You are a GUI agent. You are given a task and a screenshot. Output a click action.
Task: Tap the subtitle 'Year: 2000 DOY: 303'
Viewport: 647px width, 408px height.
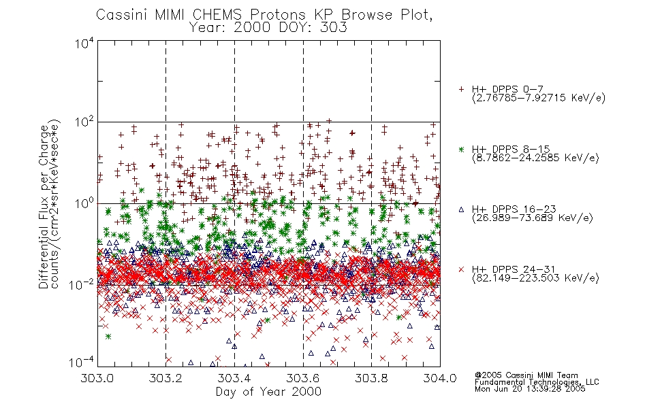point(268,28)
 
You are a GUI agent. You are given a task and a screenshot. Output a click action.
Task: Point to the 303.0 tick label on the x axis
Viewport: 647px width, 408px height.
point(97,378)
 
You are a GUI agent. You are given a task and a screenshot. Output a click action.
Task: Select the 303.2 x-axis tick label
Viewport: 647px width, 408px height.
point(165,378)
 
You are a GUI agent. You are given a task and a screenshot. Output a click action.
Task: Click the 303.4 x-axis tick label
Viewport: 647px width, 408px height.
point(234,378)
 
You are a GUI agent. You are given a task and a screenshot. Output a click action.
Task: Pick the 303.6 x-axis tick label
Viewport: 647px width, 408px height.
point(303,378)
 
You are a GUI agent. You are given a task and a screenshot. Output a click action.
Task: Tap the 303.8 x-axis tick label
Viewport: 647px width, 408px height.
point(371,378)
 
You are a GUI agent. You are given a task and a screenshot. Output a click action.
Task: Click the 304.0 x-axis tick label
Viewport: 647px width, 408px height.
point(440,378)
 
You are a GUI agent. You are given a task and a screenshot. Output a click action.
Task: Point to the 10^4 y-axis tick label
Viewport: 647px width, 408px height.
point(84,43)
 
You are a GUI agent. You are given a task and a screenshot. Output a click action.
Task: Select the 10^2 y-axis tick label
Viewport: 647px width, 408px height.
point(84,123)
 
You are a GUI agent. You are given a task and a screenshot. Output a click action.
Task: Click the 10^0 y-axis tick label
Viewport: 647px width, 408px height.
point(84,203)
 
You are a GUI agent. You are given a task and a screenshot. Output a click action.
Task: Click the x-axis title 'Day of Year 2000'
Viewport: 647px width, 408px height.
point(268,392)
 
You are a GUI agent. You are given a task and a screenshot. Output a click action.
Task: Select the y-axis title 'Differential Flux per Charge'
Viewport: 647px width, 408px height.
point(44,207)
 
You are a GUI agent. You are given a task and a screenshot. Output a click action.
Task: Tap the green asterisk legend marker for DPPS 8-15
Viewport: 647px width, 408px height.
point(461,150)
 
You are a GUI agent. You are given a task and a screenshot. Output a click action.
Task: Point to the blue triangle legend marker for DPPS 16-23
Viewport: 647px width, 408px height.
point(461,209)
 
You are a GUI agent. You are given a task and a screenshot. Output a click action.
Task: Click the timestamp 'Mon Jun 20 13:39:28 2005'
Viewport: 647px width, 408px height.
point(530,389)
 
